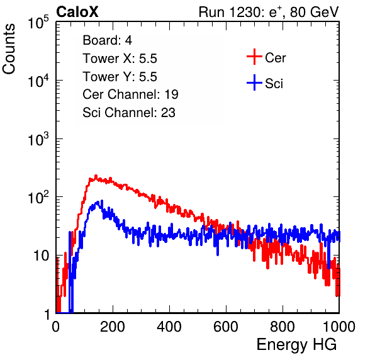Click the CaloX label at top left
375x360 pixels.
(x=77, y=12)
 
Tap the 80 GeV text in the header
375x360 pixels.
(x=314, y=12)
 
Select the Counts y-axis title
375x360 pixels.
(x=9, y=49)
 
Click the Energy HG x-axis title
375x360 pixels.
(x=296, y=345)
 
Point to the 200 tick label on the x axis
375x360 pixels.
(x=113, y=327)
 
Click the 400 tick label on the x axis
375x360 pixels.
(x=169, y=327)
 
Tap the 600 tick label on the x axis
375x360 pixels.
(x=226, y=327)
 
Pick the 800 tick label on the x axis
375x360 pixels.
(x=283, y=327)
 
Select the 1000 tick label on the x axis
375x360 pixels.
(x=339, y=327)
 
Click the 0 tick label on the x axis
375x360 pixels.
(x=56, y=327)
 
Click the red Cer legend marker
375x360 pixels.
(x=254, y=57)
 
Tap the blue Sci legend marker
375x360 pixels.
(x=254, y=82)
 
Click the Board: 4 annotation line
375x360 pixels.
(x=107, y=40)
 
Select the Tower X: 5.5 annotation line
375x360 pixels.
(x=120, y=59)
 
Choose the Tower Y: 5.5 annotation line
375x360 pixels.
(x=120, y=77)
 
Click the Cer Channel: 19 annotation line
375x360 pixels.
(x=130, y=94)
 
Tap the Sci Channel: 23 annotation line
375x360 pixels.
(x=129, y=113)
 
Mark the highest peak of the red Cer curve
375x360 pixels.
(x=96, y=176)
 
